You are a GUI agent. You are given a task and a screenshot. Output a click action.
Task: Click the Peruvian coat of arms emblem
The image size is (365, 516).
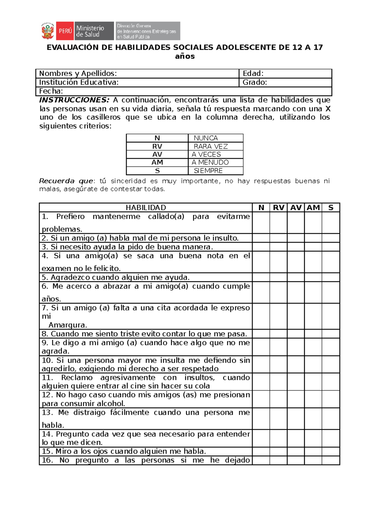point(47,31)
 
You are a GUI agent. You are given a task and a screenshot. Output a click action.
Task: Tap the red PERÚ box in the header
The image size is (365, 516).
point(65,31)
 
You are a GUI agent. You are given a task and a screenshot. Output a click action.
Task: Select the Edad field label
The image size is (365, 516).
point(253,74)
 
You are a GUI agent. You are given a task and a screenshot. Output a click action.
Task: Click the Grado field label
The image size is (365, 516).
point(255,82)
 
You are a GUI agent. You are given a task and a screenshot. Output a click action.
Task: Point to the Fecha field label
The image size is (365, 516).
point(51,91)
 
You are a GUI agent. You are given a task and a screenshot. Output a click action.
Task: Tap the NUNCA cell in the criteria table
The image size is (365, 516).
point(206,138)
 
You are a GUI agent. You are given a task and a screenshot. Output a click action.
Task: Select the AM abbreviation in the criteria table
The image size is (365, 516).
point(157,163)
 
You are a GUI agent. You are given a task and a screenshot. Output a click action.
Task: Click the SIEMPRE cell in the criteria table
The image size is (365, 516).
point(208,171)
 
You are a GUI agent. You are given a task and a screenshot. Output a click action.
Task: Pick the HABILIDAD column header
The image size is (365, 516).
point(146,208)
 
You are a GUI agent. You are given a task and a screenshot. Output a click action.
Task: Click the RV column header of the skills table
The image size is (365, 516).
point(278,208)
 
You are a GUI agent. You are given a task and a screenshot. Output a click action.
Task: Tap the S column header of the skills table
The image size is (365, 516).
point(331,208)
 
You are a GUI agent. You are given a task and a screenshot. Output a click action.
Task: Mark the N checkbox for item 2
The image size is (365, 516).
point(261,238)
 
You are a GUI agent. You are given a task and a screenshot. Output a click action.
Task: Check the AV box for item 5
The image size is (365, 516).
point(296,277)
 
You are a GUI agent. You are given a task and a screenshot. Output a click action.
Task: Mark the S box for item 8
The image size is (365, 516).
point(331,334)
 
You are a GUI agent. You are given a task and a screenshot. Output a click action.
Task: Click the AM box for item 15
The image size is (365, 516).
point(313,451)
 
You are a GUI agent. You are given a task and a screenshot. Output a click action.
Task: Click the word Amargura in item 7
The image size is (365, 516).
point(68,325)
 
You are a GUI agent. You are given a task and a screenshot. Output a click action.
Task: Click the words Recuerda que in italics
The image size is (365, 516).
point(66,181)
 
